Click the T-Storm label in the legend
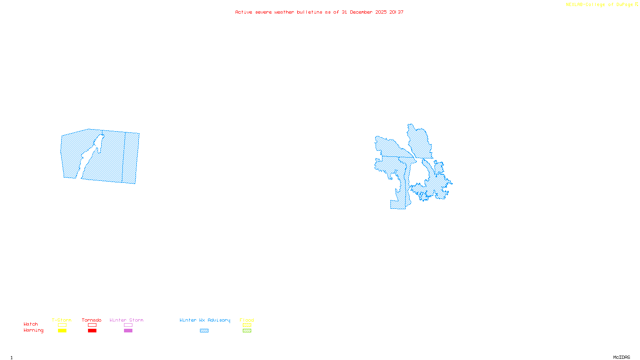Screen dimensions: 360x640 (x=62, y=320)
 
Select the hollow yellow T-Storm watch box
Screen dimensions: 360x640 (x=62, y=325)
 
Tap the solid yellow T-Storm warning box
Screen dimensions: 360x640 (x=62, y=331)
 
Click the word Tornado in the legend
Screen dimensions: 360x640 (x=92, y=320)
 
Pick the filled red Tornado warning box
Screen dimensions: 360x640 (x=92, y=331)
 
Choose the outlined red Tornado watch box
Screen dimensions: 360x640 (x=92, y=325)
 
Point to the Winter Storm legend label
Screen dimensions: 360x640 (x=126, y=320)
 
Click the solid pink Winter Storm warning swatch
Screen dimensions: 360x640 (x=128, y=331)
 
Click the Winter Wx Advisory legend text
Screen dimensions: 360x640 (x=205, y=320)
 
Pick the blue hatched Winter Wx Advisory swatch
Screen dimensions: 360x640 (x=204, y=331)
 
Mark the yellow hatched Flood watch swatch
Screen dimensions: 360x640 (x=247, y=325)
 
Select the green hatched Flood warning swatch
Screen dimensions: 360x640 (x=247, y=331)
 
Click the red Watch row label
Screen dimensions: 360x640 (x=31, y=324)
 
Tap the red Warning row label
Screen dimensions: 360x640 (x=33, y=330)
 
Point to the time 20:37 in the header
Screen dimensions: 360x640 (x=396, y=12)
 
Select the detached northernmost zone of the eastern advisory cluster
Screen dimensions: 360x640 (x=419, y=142)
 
